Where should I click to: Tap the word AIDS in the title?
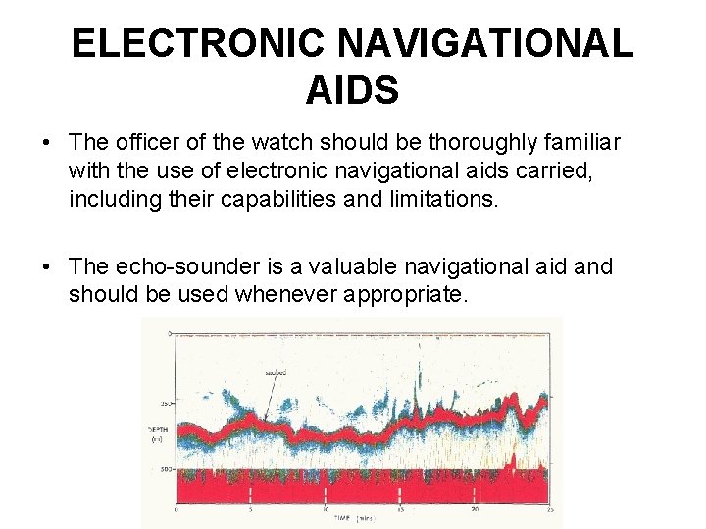[x=352, y=91]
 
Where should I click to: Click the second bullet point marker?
[x=47, y=267]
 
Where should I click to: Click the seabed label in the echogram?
[x=277, y=371]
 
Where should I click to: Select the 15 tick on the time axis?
[x=400, y=509]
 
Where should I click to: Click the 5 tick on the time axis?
[x=251, y=509]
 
